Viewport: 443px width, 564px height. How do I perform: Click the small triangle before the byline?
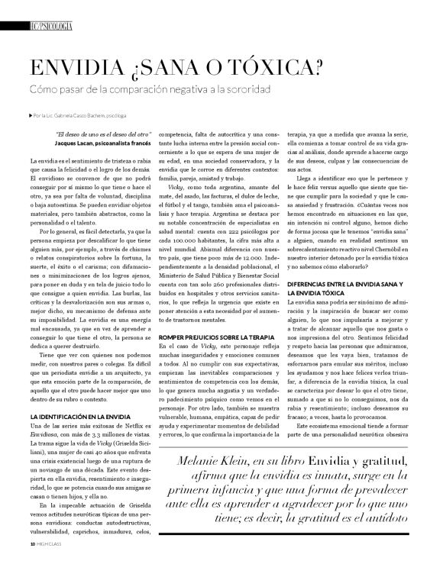pos(27,116)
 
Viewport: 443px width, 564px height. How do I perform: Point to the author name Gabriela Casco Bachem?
pos(89,116)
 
